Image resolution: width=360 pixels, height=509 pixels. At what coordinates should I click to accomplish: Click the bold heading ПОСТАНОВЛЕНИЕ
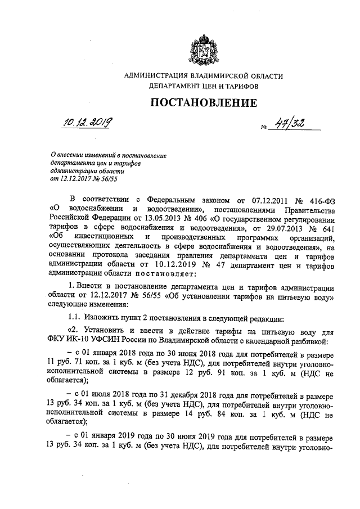pyautogui.click(x=204, y=103)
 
